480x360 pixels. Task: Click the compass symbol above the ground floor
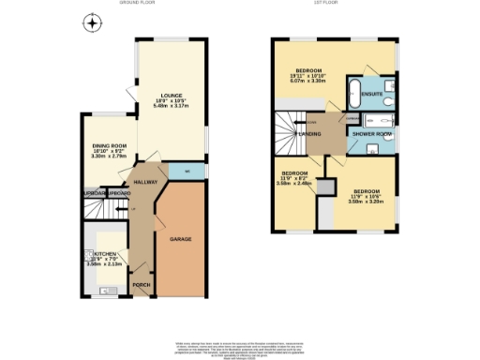tap(91, 22)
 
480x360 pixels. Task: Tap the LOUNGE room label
tap(171, 95)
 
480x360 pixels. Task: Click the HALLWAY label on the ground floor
tap(144, 182)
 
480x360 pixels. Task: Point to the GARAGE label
tap(181, 240)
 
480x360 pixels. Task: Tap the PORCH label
tap(141, 285)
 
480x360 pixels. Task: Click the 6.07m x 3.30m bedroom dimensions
tap(309, 82)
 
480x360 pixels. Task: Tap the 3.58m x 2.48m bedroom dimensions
tap(298, 184)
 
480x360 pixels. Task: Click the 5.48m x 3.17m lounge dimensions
tap(171, 106)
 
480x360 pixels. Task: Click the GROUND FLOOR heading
tap(137, 4)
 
